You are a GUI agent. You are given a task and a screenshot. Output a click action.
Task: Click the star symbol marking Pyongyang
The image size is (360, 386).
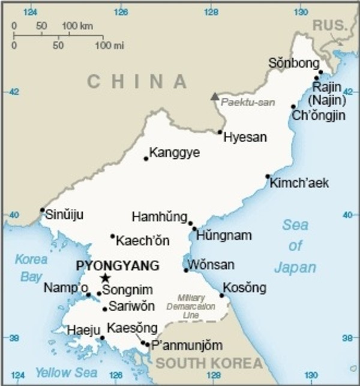(106, 278)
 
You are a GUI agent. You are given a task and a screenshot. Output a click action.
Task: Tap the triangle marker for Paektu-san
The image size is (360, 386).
(214, 96)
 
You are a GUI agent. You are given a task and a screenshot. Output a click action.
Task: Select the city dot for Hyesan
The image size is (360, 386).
(220, 132)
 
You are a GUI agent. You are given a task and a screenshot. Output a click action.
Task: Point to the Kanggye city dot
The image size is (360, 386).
(146, 159)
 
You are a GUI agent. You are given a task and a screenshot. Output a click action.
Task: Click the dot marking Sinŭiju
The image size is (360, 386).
(43, 210)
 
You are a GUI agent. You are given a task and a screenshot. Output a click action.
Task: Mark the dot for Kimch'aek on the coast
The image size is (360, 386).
(268, 176)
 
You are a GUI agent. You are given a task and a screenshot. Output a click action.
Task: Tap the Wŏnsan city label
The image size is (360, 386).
(211, 265)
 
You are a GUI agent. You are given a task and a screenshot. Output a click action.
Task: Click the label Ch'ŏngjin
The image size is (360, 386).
(318, 116)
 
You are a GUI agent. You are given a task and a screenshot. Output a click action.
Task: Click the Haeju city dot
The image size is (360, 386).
(102, 338)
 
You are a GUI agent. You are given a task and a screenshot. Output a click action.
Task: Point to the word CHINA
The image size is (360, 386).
(137, 82)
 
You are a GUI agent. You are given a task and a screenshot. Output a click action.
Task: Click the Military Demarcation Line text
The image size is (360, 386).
(191, 306)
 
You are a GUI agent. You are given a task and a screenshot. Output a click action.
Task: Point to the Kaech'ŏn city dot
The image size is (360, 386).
(112, 236)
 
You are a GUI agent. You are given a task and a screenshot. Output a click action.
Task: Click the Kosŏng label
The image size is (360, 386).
(244, 288)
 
